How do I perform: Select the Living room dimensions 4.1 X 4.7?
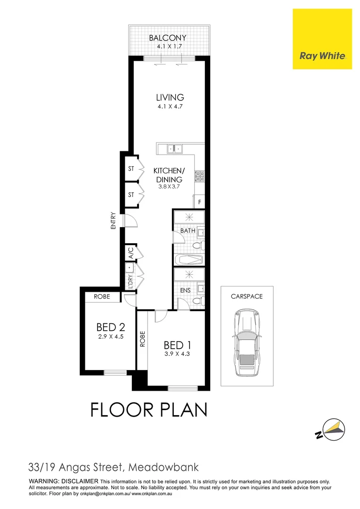pos(170,107)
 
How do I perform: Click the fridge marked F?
pos(199,202)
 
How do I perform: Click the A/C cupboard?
pos(130,254)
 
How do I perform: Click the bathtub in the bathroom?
pos(188,260)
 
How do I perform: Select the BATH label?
pos(188,231)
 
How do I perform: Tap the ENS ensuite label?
pos(185,290)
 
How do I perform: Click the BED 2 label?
pos(111,327)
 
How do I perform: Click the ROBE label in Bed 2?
pos(102,297)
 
